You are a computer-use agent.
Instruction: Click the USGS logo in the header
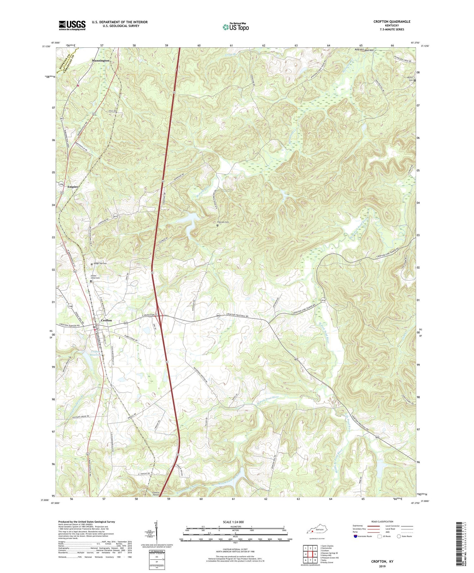(x=72, y=25)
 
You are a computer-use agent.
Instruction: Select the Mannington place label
(x=100, y=60)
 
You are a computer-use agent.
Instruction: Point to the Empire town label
(x=72, y=187)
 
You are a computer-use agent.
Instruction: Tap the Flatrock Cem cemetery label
(x=223, y=222)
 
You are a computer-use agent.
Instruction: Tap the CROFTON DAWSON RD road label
(x=68, y=325)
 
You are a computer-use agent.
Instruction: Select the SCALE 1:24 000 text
(x=235, y=522)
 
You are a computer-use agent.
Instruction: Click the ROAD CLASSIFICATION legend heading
(x=382, y=521)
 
